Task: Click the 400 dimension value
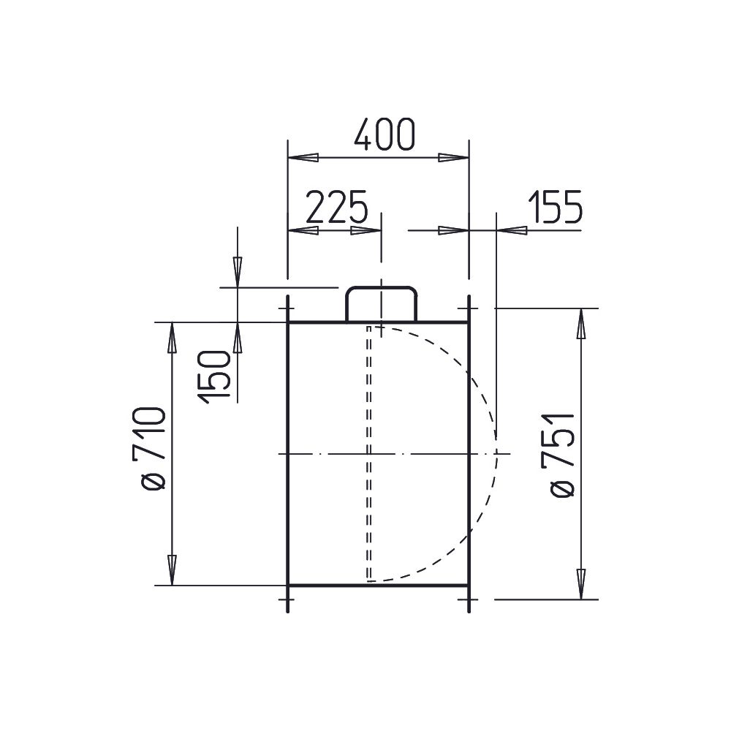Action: [x=384, y=135]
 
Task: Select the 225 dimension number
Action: [x=336, y=205]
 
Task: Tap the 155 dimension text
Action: [x=556, y=205]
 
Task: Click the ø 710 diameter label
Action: [x=148, y=448]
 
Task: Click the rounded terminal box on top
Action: [x=381, y=304]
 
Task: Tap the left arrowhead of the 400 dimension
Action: [x=303, y=158]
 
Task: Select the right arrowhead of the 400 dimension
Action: [x=454, y=158]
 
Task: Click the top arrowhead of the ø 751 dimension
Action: [x=581, y=323]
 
